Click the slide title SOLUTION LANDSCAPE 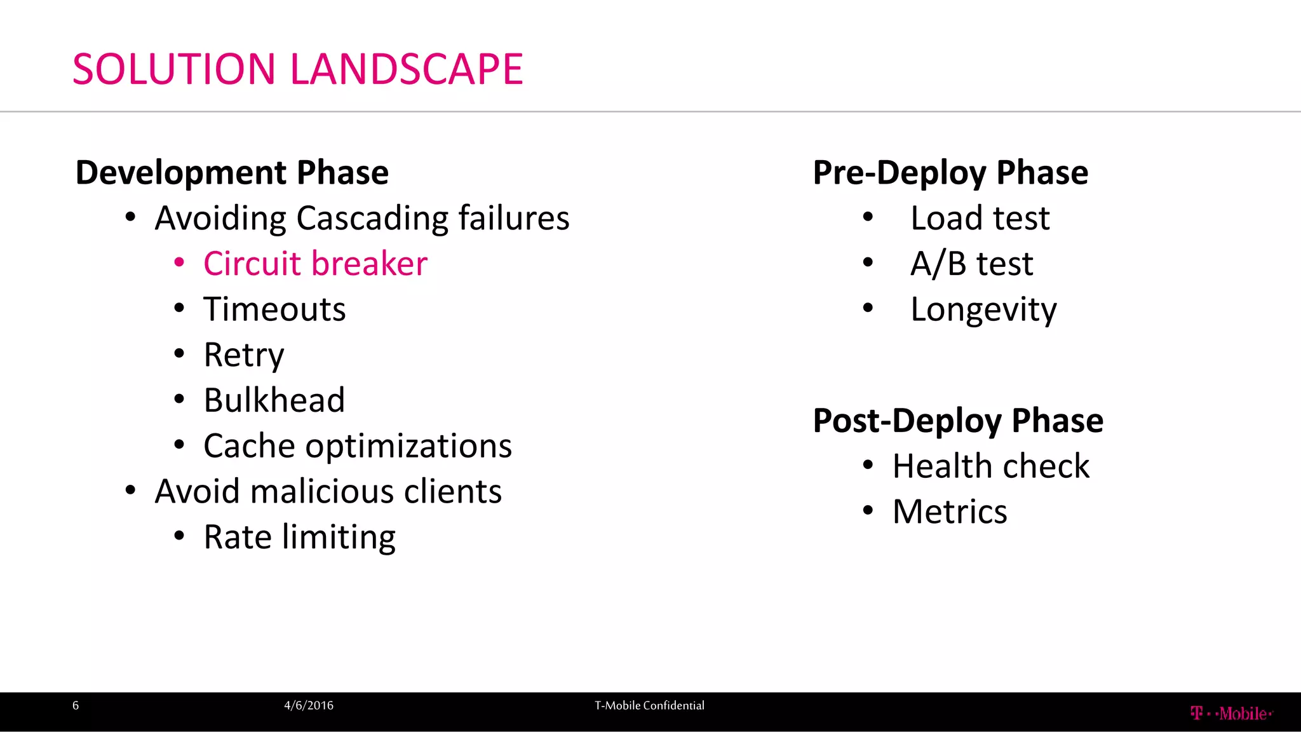pos(297,69)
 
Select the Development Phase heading pos(232,173)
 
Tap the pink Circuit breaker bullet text pos(315,264)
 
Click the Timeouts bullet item pos(274,309)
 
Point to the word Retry pos(243,355)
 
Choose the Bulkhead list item pos(274,400)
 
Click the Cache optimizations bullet pos(357,446)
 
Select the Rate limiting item pos(299,537)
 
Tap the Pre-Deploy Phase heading pos(950,173)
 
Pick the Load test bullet pos(980,219)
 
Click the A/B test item pos(971,264)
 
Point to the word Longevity pos(983,309)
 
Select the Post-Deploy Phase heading pos(958,421)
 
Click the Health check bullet pos(991,466)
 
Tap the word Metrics pos(950,512)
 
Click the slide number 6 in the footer pos(76,705)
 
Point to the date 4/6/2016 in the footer pos(309,705)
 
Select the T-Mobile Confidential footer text pos(649,705)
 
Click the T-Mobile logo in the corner pos(1231,714)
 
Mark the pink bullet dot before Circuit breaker pos(180,262)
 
